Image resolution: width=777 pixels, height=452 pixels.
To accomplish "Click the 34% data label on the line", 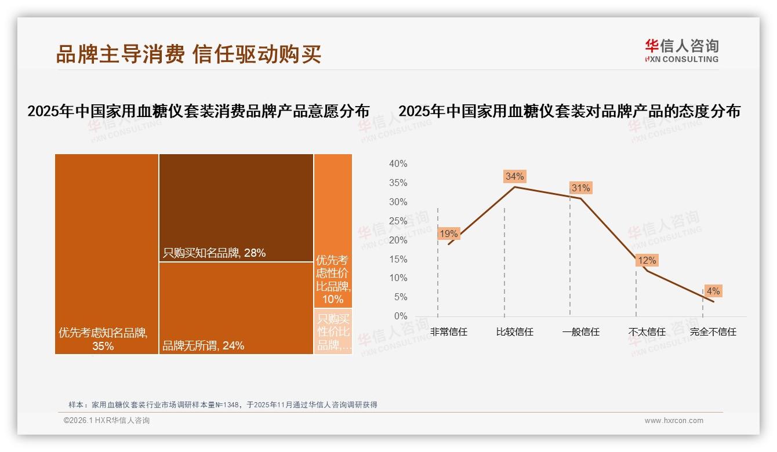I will [x=514, y=176].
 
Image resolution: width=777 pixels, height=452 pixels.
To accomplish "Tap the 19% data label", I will [x=449, y=234].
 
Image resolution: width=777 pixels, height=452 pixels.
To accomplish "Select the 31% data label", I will [x=580, y=188].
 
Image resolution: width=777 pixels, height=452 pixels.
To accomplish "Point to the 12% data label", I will [x=647, y=261].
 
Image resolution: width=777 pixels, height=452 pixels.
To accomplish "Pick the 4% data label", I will [x=713, y=291].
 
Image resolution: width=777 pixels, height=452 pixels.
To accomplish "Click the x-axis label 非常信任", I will [x=449, y=332].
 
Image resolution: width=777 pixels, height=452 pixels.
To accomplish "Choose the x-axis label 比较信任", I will [x=514, y=332].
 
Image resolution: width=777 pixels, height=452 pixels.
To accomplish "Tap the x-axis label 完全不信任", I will [x=713, y=332].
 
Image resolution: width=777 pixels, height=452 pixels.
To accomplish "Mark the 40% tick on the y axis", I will [x=398, y=164].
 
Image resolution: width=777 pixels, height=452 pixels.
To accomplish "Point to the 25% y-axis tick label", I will [x=398, y=221].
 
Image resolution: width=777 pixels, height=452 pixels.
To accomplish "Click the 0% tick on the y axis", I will [x=400, y=316].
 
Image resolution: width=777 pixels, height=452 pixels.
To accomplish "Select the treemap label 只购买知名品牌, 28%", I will [x=214, y=253].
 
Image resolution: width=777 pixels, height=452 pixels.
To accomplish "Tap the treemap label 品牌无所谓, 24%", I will [x=203, y=346].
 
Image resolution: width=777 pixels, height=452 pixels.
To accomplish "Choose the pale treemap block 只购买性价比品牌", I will [x=333, y=331].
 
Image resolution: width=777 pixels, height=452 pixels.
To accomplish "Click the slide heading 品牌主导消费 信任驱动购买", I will [x=188, y=54].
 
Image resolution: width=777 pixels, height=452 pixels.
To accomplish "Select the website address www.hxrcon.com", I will [x=674, y=421].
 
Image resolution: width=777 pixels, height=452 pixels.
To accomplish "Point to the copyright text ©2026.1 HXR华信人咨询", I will [x=107, y=421].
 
